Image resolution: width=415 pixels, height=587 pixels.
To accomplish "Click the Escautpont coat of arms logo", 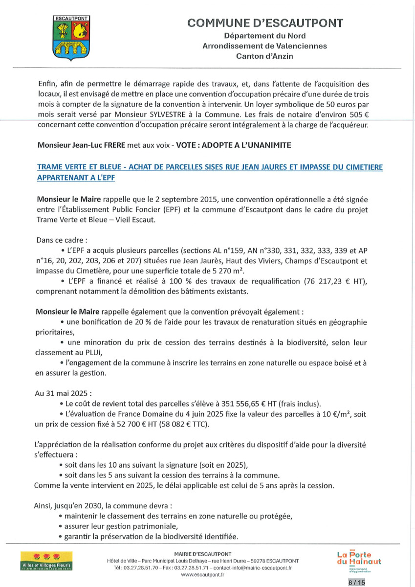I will [x=69, y=38].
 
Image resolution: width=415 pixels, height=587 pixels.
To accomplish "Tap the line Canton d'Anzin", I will [x=264, y=56].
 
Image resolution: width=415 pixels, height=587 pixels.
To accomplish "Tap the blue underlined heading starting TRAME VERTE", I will [x=210, y=172].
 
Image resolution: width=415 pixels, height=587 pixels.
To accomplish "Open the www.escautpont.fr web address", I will [x=202, y=575].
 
